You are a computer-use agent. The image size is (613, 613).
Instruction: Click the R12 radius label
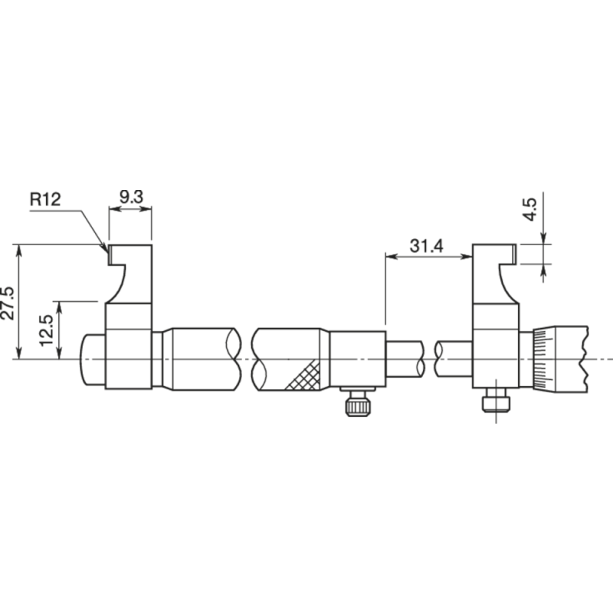click(45, 200)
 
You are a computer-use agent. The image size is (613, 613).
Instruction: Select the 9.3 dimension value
click(131, 197)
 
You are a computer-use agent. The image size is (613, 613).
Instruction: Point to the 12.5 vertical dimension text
click(47, 331)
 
